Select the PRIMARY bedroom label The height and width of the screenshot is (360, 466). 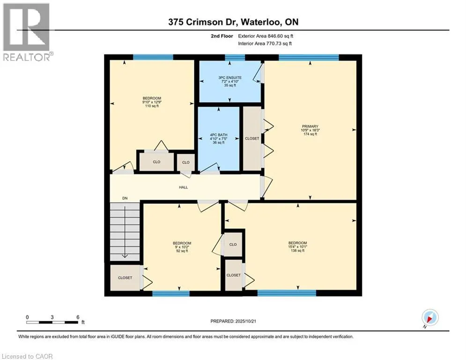(x=310, y=127)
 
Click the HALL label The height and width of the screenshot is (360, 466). (x=183, y=187)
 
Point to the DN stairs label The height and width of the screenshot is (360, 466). (x=125, y=198)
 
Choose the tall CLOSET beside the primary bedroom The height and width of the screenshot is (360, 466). (x=252, y=139)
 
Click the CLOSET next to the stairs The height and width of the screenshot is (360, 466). (x=125, y=278)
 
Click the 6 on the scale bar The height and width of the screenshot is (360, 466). (x=78, y=317)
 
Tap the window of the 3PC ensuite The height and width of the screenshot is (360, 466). (x=235, y=57)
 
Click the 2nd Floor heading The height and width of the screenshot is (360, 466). (x=221, y=36)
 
